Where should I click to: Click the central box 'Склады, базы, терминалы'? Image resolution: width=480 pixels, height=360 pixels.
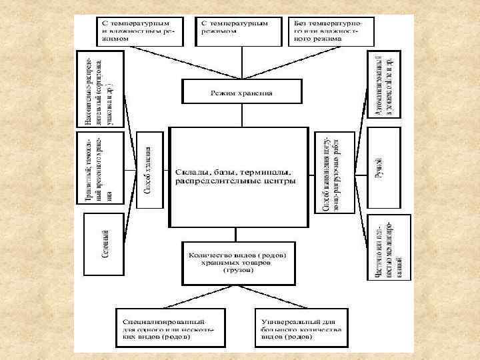(239, 177)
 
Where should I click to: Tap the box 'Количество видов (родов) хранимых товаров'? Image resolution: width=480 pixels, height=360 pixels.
(238, 261)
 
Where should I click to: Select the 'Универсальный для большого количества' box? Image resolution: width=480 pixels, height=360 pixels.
(303, 325)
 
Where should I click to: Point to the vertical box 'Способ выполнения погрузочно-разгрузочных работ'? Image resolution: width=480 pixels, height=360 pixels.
(330, 172)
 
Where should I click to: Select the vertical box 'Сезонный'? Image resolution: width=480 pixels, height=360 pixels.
(105, 244)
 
